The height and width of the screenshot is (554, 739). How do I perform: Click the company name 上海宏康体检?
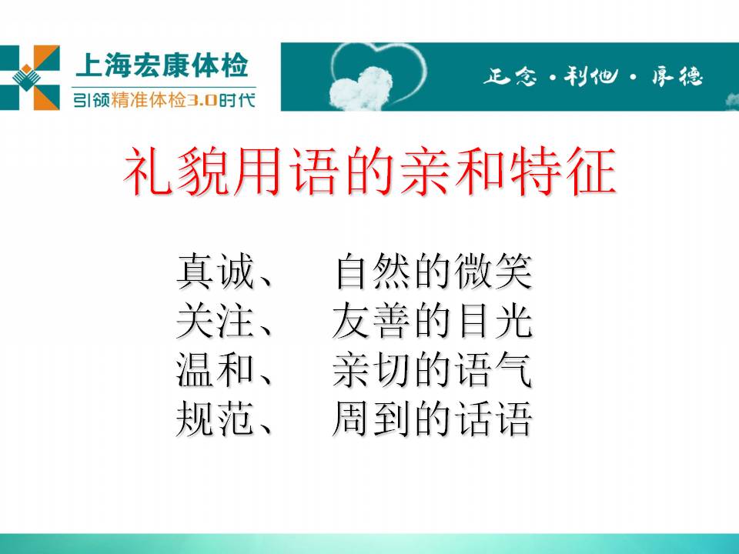coord(162,65)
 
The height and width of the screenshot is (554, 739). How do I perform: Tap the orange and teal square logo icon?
coord(30,78)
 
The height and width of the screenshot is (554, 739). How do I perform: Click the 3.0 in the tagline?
coord(202,100)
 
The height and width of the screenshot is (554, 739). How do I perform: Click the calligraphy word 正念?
coord(510,75)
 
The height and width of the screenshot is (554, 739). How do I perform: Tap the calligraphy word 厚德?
coord(677,75)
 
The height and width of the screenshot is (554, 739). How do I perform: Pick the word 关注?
coord(216,321)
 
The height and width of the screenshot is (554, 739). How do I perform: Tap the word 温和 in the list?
coord(216,370)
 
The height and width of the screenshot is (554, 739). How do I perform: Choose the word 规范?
coord(216,419)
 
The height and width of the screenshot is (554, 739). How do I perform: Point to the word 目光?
coord(493,321)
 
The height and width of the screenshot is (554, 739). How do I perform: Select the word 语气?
coord(493,370)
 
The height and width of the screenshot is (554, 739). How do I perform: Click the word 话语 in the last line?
coord(493,419)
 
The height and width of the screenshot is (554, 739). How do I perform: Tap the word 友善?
coord(370,321)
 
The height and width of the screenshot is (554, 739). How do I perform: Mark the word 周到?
coord(370,419)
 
